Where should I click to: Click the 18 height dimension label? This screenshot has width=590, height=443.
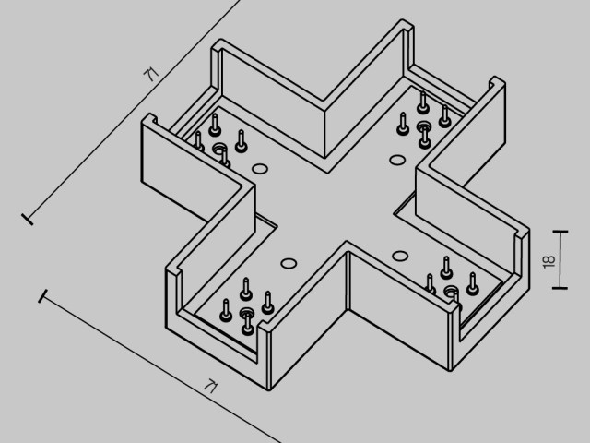point(549,261)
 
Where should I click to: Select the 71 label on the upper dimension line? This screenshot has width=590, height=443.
point(151,74)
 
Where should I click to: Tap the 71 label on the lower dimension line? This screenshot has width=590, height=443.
point(211,387)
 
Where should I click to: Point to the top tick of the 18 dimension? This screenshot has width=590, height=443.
point(560,231)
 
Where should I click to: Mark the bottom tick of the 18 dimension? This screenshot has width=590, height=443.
point(560,288)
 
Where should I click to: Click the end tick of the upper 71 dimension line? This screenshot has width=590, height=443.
point(28,220)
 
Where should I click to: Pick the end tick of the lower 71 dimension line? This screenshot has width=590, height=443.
point(43,296)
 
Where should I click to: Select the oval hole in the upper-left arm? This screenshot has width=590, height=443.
point(260,169)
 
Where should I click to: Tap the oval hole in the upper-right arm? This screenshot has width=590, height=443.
point(397,160)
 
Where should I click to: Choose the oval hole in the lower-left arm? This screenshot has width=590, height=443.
point(289,263)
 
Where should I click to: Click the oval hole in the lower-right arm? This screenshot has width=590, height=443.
point(400,257)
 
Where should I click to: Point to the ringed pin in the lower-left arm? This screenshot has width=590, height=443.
point(247,320)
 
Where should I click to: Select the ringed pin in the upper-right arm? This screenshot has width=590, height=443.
point(425,134)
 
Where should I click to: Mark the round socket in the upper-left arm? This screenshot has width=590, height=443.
point(218,149)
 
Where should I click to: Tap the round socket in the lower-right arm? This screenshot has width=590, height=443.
point(451,292)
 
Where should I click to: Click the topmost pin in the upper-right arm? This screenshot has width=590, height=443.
point(423,102)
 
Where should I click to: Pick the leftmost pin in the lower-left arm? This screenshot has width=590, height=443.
point(226,311)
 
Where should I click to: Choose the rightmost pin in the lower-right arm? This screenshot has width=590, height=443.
point(473,284)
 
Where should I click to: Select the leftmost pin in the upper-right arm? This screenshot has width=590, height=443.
point(403,124)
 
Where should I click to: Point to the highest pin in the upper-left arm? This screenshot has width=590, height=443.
point(215,125)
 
